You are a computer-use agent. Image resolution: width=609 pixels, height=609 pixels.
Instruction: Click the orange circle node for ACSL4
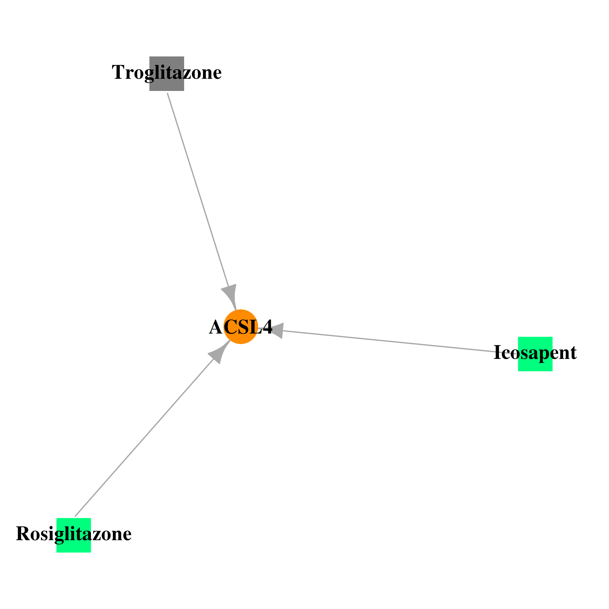coord(241,327)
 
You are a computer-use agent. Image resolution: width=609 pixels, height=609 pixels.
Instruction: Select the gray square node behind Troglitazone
coord(167,74)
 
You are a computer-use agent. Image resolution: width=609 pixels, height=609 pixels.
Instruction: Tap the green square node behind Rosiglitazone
coord(74,535)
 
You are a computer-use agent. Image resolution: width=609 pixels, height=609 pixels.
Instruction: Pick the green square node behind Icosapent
coord(535,354)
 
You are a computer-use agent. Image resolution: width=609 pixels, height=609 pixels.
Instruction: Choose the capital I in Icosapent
coord(497,352)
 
